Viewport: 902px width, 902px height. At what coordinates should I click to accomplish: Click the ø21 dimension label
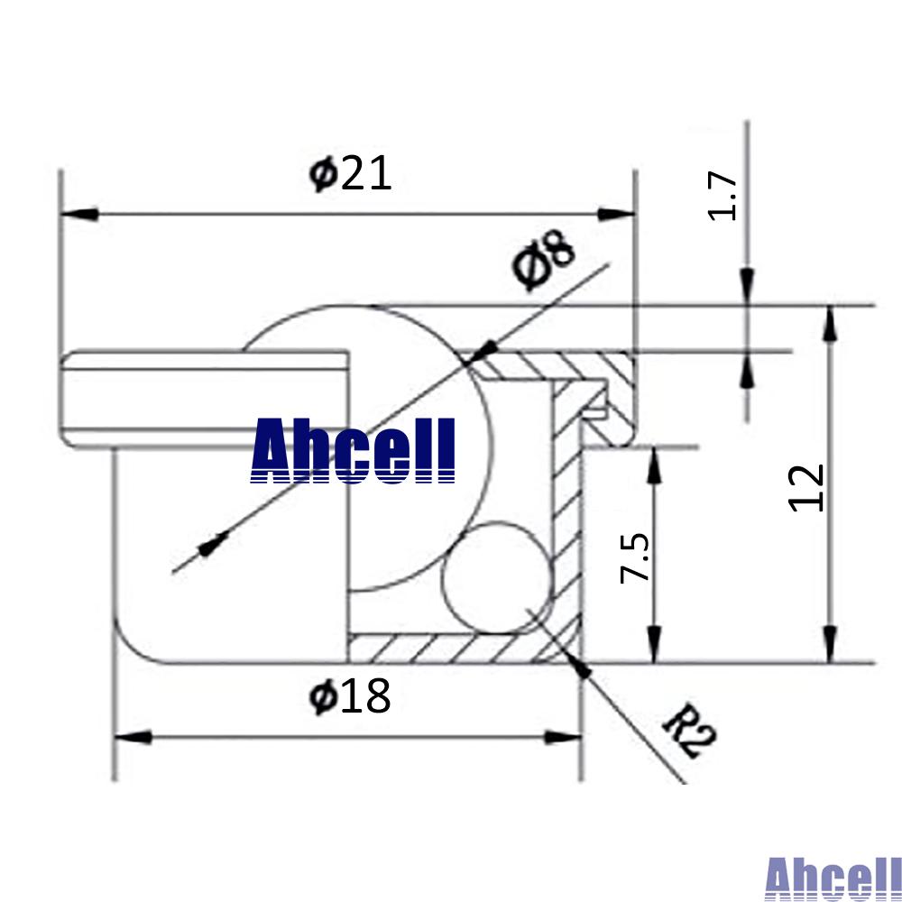(x=350, y=173)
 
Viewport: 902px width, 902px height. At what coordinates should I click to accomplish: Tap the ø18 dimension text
(x=350, y=695)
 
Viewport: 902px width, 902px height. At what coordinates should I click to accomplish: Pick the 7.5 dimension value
(x=634, y=557)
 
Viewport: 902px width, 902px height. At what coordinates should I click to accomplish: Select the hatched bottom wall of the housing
(x=451, y=647)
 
